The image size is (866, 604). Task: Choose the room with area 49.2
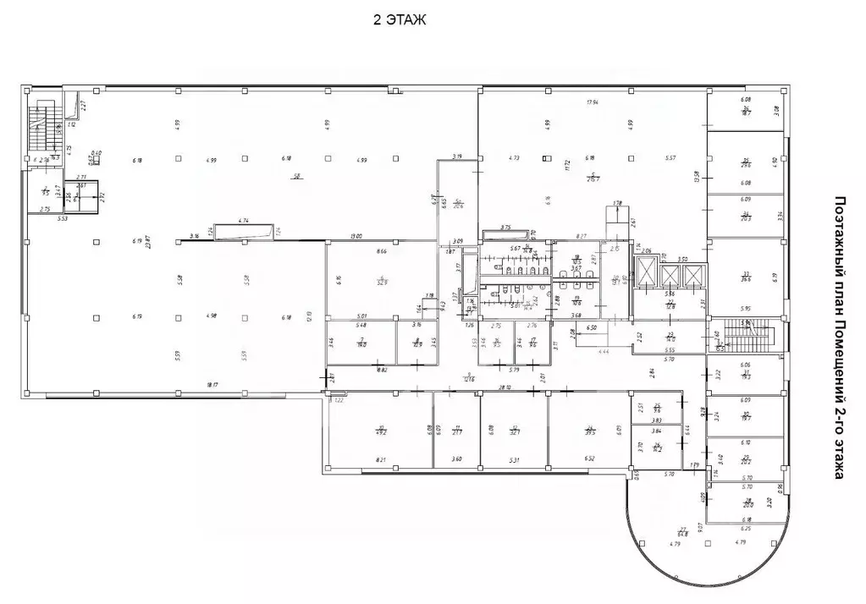point(383,430)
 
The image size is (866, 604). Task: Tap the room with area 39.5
point(590,430)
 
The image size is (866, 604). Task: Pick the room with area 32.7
point(513,431)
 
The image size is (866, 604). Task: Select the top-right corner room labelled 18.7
point(746,111)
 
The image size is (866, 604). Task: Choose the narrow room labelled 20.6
point(458,203)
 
